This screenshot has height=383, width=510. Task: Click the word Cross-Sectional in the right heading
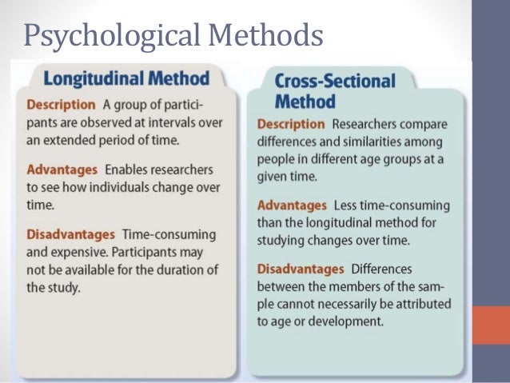(x=335, y=82)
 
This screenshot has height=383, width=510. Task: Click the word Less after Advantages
(x=345, y=205)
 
